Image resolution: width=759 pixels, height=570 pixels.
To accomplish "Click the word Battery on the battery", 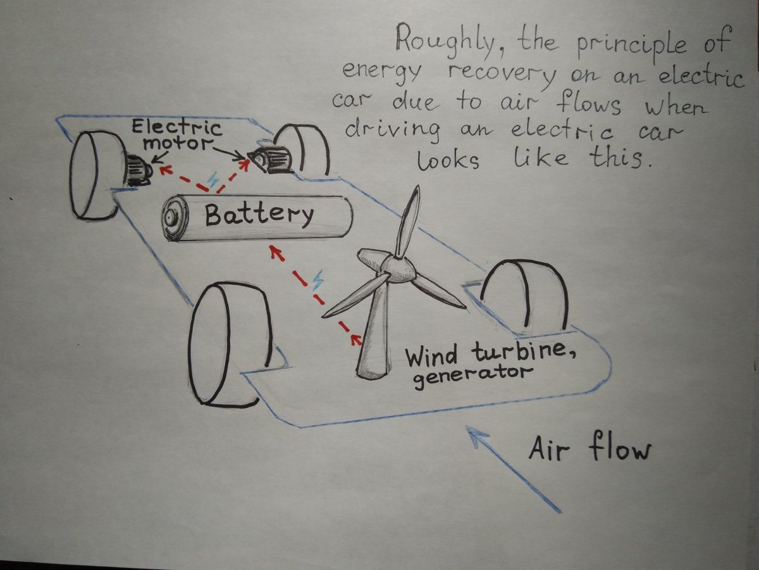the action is (259, 215).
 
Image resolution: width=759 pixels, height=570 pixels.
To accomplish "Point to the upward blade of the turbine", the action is (409, 222).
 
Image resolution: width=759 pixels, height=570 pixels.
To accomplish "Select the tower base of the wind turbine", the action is (373, 364).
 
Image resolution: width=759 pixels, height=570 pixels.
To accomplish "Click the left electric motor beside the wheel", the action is (138, 170).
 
